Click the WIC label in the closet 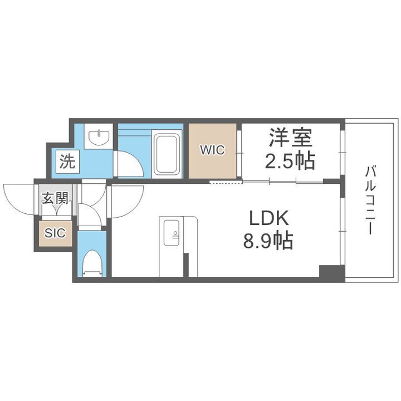click(x=212, y=150)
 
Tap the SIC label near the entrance click(x=55, y=233)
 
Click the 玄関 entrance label click(x=55, y=198)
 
